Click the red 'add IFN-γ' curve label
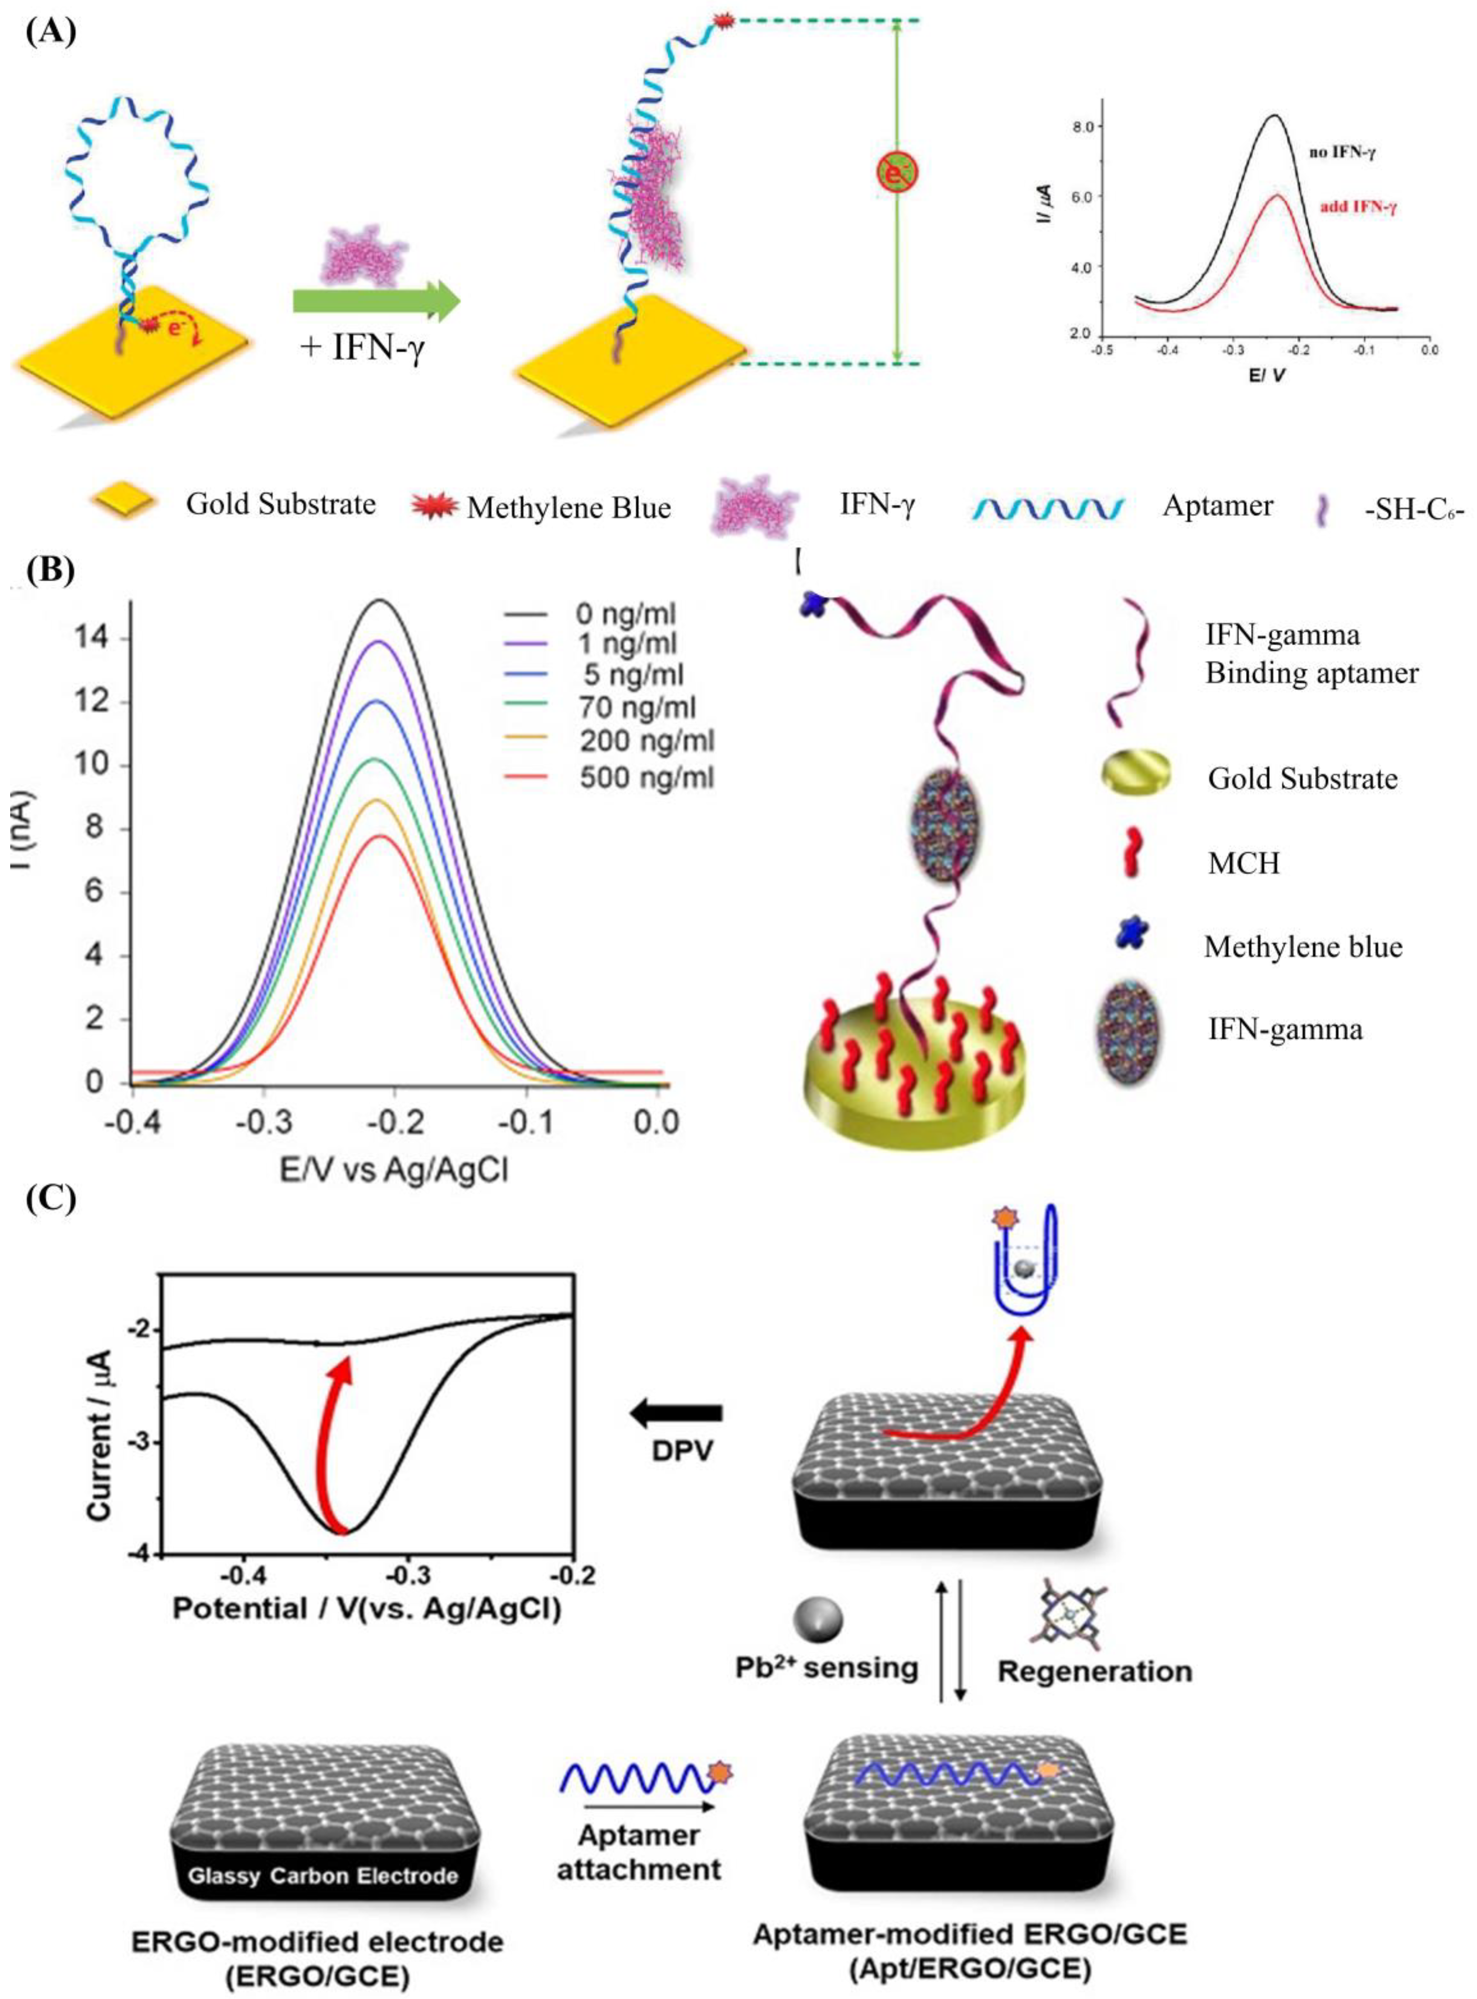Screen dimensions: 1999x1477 1358,206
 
